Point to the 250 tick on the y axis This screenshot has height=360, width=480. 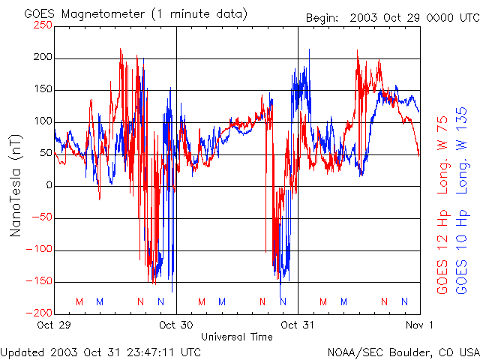coord(43,25)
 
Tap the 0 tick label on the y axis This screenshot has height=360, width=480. coord(49,185)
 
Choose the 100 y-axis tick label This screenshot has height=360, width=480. coord(43,121)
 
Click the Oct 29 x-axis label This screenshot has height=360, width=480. coord(55,325)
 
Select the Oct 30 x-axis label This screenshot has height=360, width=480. coord(176,325)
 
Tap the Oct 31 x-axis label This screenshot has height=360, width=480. coord(298,325)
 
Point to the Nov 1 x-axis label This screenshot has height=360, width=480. coord(419,325)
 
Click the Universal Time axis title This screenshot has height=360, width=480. coord(237,337)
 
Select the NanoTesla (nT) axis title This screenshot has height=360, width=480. coord(15,185)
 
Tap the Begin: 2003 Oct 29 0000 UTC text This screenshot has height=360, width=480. coord(390,17)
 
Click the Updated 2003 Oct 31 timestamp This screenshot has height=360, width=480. coord(100,351)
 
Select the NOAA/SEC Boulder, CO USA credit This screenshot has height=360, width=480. coord(403,351)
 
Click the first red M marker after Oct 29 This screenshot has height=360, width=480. coord(79,301)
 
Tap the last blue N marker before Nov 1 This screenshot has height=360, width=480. coord(404,301)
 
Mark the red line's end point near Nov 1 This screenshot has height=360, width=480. coord(419,155)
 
